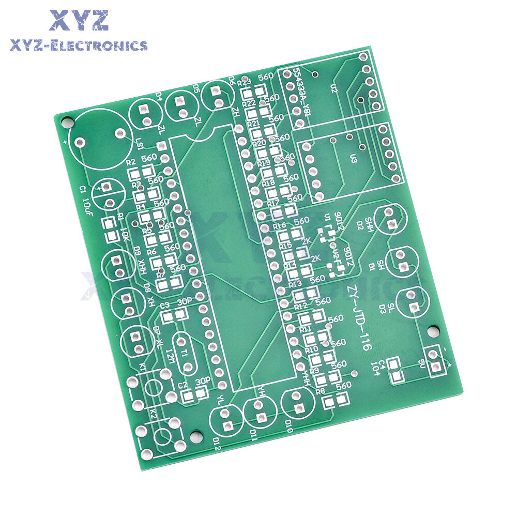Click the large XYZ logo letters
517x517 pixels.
coord(79,21)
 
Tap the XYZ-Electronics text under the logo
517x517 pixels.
coord(79,46)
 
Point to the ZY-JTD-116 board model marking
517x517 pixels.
coord(359,317)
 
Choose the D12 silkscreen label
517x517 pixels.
coord(217,443)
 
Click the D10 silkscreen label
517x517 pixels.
coord(288,429)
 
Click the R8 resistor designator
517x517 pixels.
coord(320,391)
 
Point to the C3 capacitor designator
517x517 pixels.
coord(165,305)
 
